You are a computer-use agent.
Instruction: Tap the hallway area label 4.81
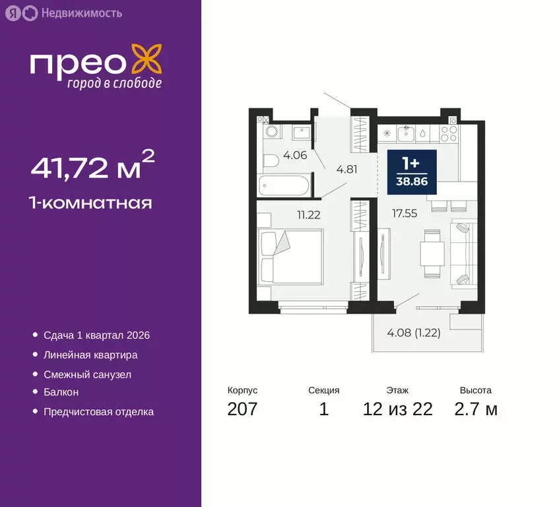346,169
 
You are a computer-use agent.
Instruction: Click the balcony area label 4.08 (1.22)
413,332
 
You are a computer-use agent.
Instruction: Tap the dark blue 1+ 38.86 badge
412,172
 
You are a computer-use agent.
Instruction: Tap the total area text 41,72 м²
93,168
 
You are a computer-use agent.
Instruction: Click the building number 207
242,409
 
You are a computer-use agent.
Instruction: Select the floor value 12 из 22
397,409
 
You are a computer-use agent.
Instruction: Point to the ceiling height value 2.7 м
475,409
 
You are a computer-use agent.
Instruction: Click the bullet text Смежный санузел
87,374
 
